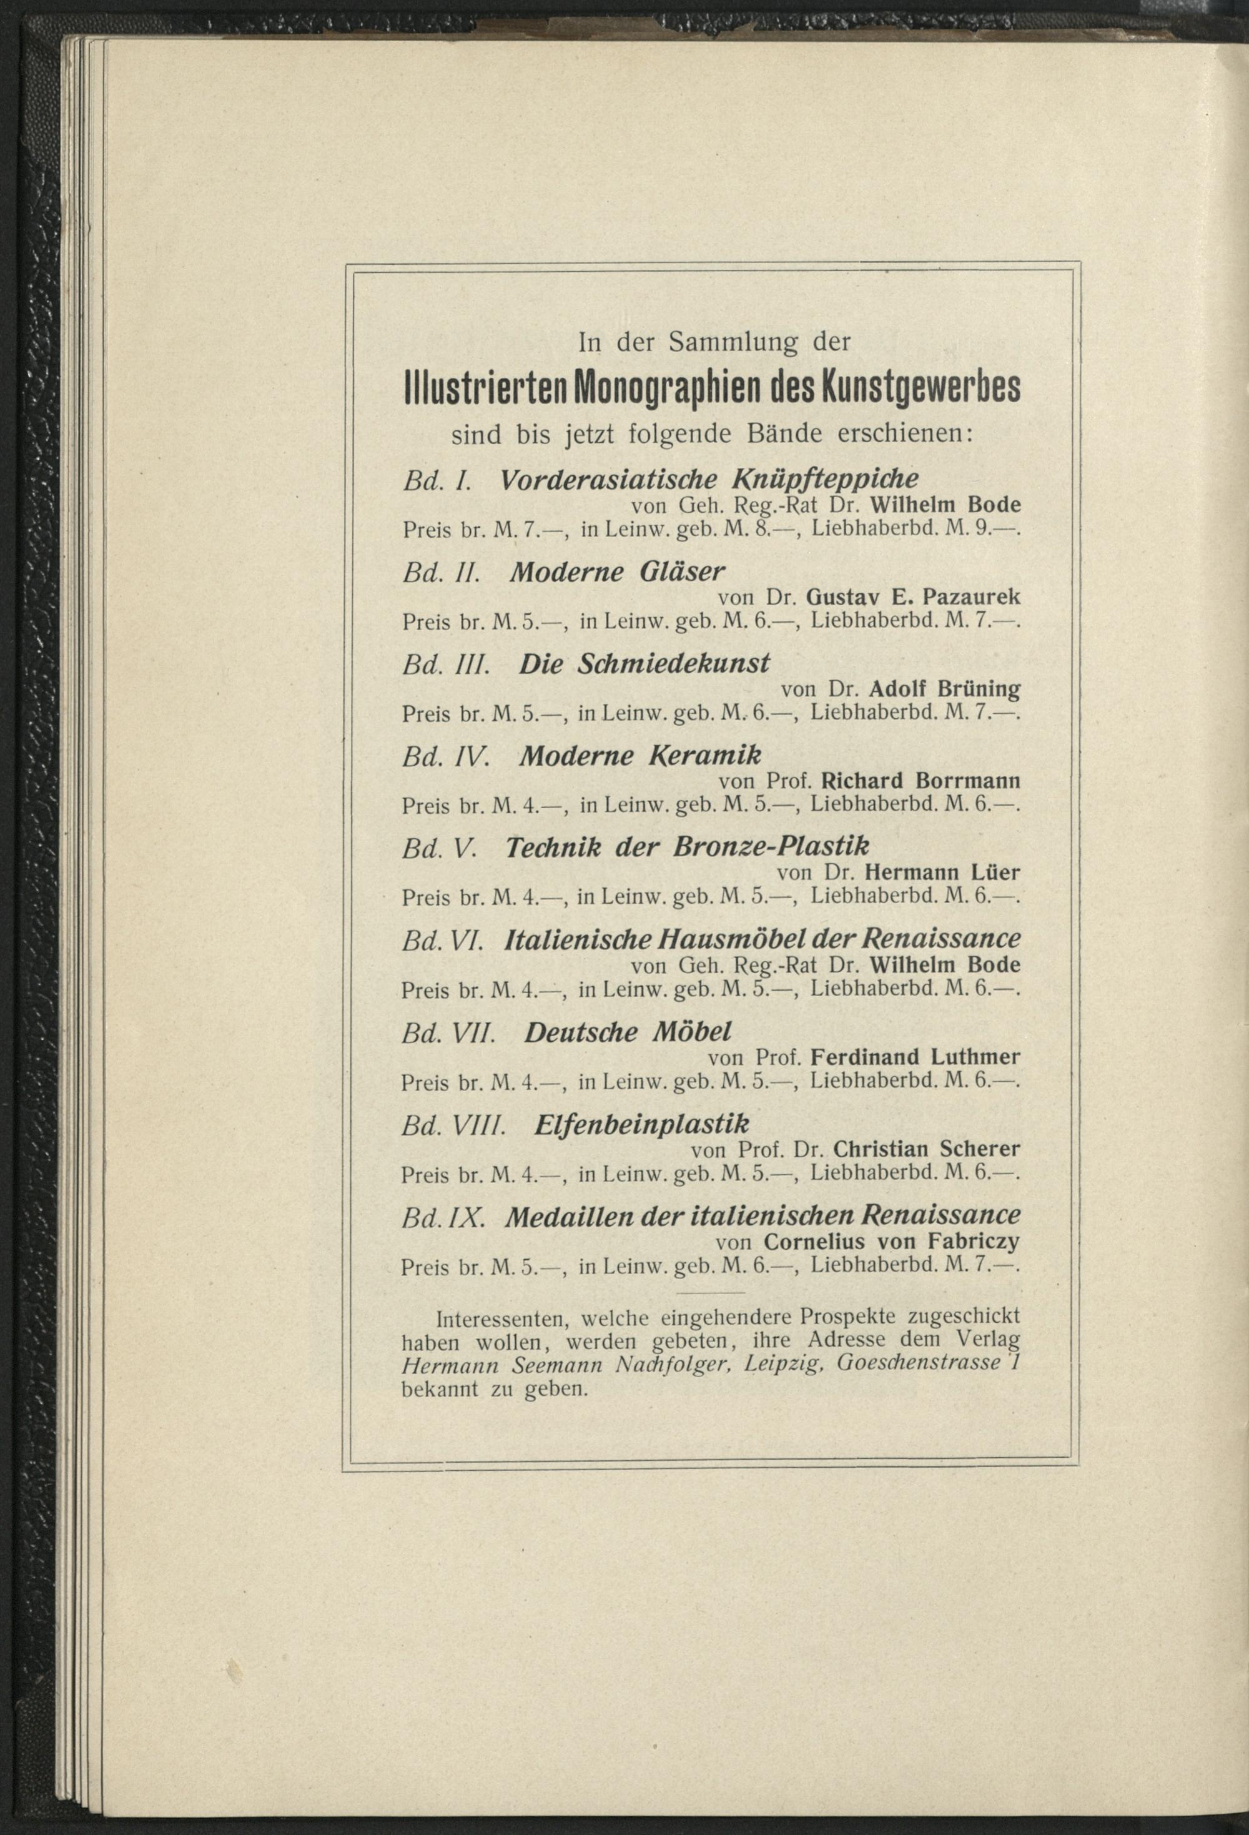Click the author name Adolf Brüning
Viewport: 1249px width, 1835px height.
tap(944, 690)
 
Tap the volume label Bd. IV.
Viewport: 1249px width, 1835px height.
tap(446, 756)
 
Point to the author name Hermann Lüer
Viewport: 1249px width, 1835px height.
tap(942, 873)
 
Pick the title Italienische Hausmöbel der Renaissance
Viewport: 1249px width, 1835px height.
tap(762, 939)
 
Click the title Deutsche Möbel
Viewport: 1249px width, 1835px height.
tap(628, 1031)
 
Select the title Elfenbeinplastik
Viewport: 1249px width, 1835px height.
tap(641, 1124)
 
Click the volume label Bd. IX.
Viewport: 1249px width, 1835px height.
tap(442, 1216)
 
